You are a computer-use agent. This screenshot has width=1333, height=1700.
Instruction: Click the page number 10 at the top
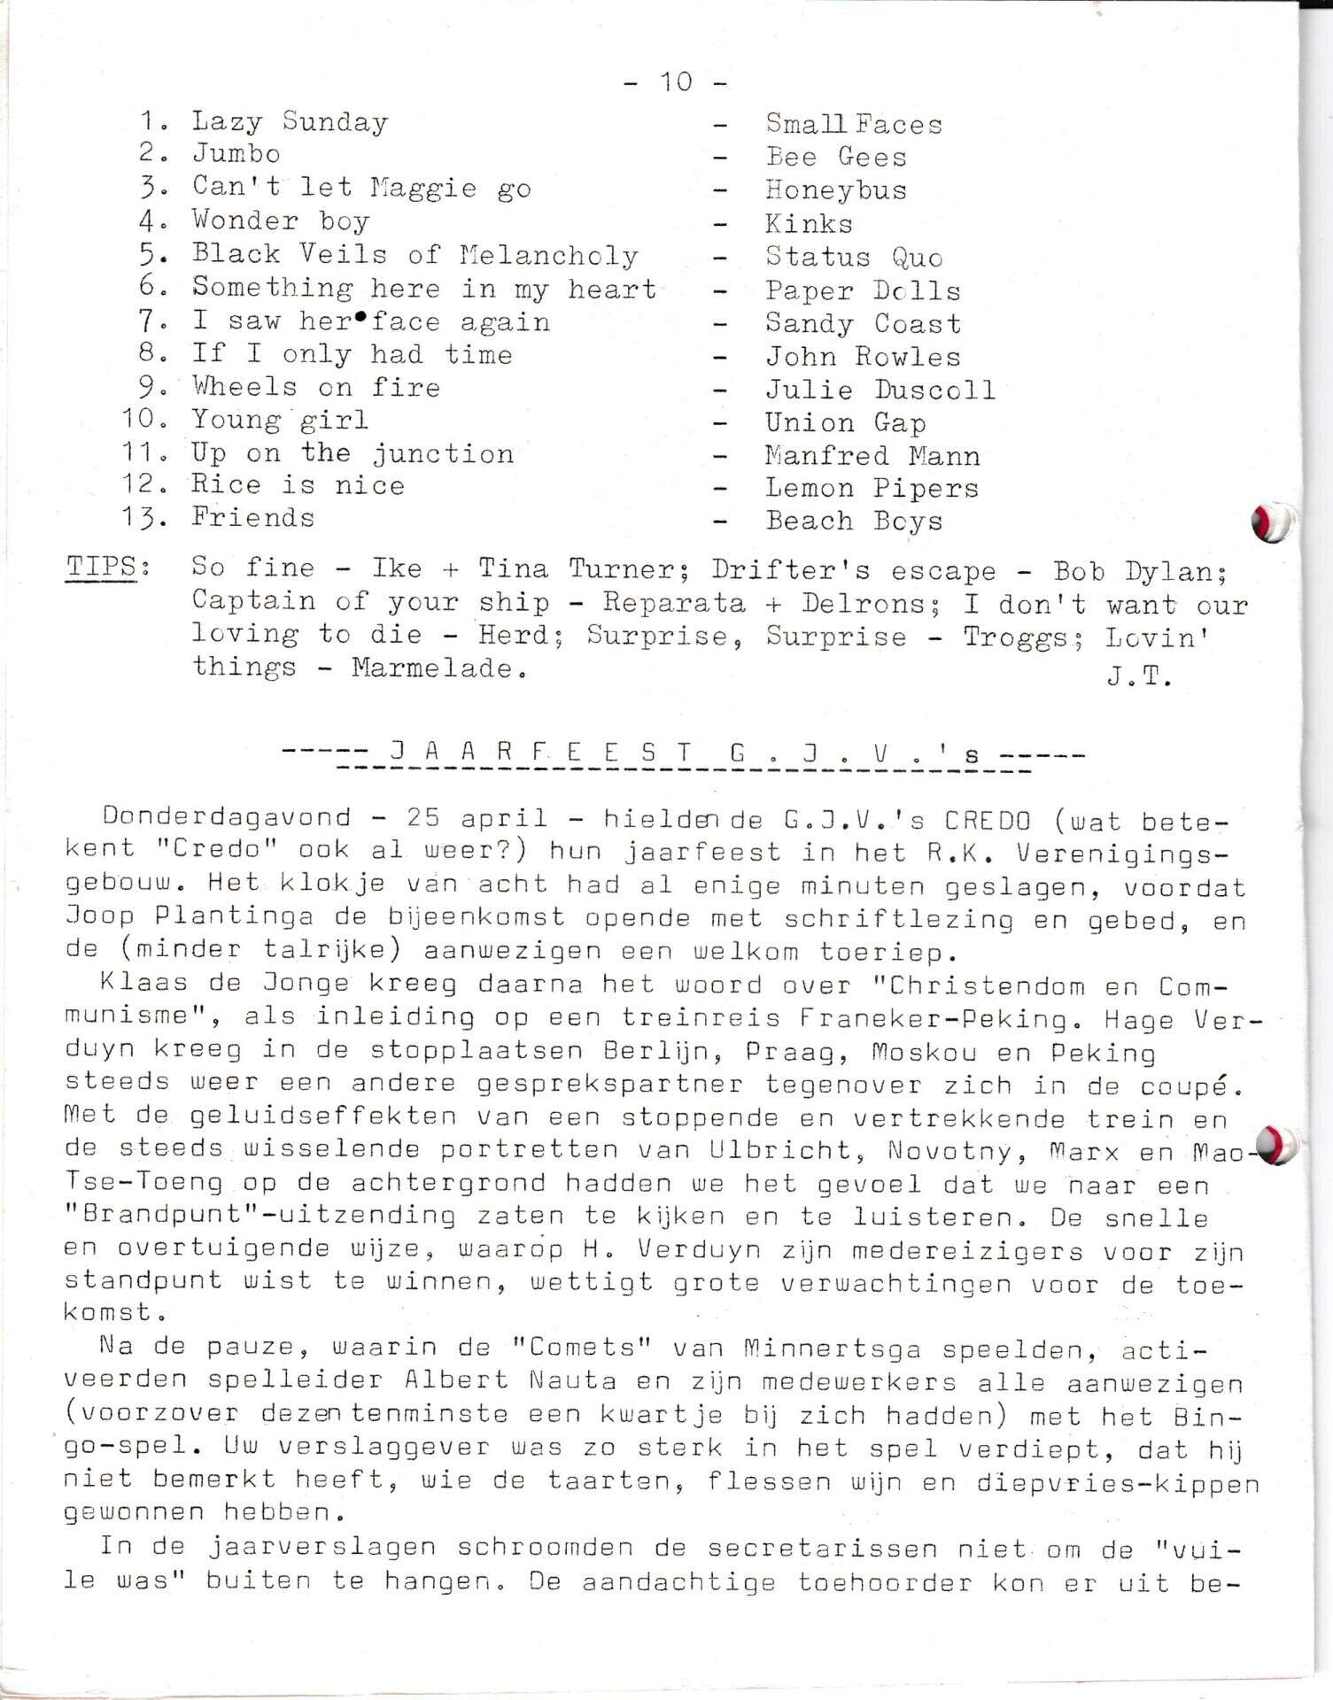click(x=676, y=82)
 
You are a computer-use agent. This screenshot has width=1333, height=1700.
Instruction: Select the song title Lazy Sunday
click(x=290, y=121)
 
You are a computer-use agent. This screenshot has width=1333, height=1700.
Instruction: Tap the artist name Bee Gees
click(x=836, y=158)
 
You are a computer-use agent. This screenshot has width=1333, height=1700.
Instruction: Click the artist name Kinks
click(x=809, y=223)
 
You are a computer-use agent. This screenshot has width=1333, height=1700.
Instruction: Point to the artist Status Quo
click(x=854, y=257)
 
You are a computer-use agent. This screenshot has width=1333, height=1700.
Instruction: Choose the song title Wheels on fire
click(x=315, y=387)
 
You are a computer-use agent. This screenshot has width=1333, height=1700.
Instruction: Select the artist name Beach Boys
click(x=854, y=521)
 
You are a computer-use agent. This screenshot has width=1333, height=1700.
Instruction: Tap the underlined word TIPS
click(x=103, y=568)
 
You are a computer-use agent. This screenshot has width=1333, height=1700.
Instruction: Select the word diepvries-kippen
click(x=1118, y=1482)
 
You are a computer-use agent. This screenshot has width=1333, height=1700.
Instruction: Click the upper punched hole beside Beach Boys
click(x=1272, y=522)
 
